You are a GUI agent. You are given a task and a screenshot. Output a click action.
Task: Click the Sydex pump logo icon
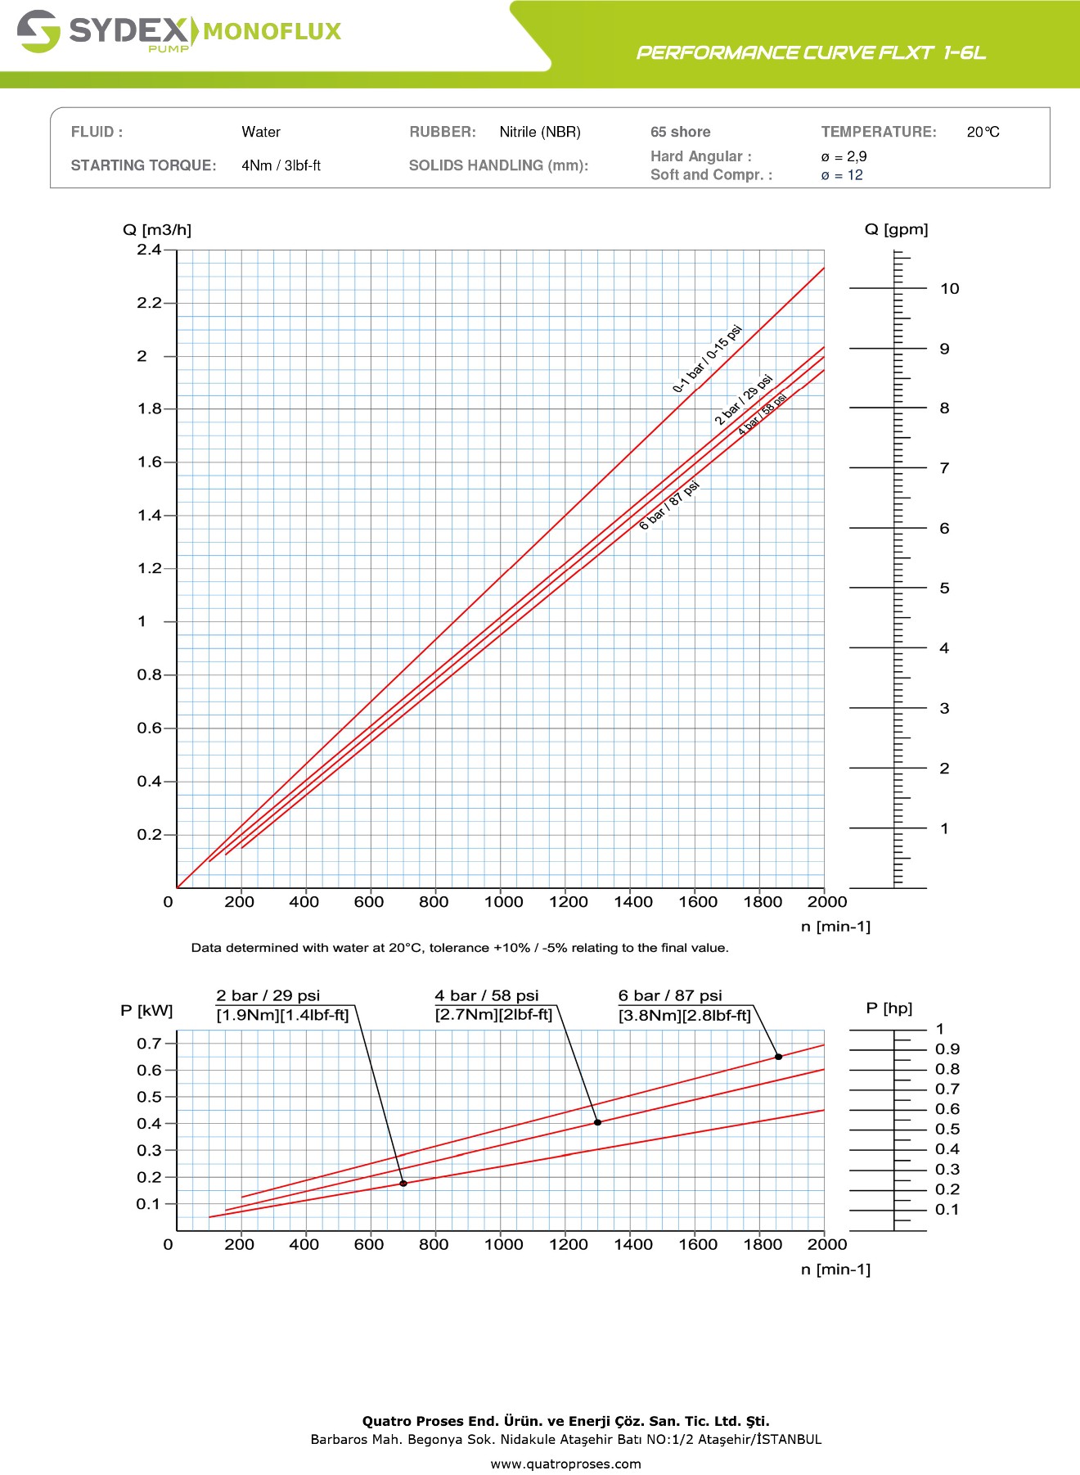click(38, 32)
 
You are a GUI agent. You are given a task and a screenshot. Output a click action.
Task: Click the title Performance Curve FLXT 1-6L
click(811, 53)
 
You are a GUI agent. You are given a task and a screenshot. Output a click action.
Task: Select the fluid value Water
click(261, 132)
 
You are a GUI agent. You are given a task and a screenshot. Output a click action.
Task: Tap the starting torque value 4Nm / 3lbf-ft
click(281, 165)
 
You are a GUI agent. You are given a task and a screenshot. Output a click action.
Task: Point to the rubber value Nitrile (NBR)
click(540, 132)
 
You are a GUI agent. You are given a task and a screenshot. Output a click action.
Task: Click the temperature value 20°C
click(983, 132)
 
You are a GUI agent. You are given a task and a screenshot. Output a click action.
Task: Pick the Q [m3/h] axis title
click(157, 230)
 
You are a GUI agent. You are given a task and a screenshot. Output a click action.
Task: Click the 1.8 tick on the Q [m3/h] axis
click(150, 408)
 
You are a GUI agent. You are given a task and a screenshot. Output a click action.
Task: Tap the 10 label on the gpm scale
click(949, 289)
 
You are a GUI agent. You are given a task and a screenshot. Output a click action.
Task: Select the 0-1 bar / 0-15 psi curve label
click(707, 359)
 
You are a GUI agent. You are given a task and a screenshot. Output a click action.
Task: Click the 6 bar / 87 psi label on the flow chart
click(669, 505)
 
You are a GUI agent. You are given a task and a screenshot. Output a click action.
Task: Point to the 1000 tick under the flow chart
click(503, 902)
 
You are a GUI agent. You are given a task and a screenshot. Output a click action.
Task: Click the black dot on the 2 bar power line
click(403, 1184)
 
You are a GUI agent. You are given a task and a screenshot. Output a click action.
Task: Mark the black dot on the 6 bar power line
click(778, 1057)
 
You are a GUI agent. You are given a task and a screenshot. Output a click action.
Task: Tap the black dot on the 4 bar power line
click(597, 1123)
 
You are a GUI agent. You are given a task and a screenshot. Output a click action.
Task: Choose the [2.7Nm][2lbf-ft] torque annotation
click(493, 1015)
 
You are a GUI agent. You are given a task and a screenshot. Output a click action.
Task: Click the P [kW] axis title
click(146, 1011)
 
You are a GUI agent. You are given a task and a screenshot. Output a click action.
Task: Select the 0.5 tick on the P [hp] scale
click(947, 1130)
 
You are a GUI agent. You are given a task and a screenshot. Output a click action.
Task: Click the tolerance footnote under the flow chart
click(460, 948)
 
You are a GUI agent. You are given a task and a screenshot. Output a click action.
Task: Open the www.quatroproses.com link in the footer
click(565, 1464)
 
